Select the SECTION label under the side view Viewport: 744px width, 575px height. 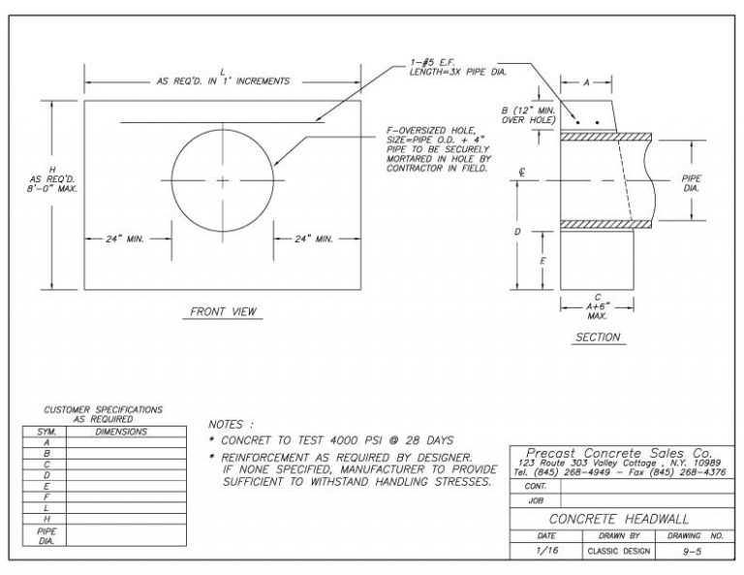coord(598,337)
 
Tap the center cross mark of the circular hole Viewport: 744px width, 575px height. coord(222,181)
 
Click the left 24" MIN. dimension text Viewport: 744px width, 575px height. coord(125,238)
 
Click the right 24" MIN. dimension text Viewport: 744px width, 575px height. coord(314,238)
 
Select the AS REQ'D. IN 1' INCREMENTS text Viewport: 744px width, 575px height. coord(223,81)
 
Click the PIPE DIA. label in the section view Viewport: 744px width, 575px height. coord(691,183)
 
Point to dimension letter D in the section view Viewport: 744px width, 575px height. coord(519,233)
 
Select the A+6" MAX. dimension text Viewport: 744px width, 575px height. coord(598,310)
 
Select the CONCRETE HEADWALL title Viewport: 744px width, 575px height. coord(618,519)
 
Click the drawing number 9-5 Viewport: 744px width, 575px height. coord(693,551)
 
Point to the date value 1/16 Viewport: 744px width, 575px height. coord(545,551)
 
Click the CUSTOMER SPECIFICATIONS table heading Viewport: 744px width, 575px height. coord(104,414)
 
